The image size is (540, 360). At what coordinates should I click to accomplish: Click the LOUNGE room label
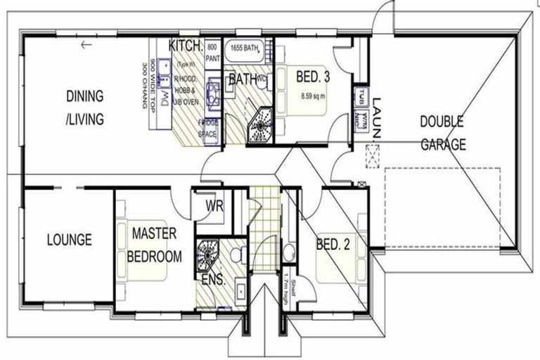[70, 240]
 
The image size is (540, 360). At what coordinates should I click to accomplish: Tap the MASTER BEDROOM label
[154, 244]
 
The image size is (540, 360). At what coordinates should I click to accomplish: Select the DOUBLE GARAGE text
[444, 133]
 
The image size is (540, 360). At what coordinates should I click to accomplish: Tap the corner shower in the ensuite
[209, 255]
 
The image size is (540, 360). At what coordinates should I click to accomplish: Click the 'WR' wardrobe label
[214, 206]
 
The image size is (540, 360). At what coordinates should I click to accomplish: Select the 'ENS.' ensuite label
[213, 281]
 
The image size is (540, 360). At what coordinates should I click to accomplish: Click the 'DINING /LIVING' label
[85, 107]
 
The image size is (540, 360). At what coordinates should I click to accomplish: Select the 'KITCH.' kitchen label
[186, 46]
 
